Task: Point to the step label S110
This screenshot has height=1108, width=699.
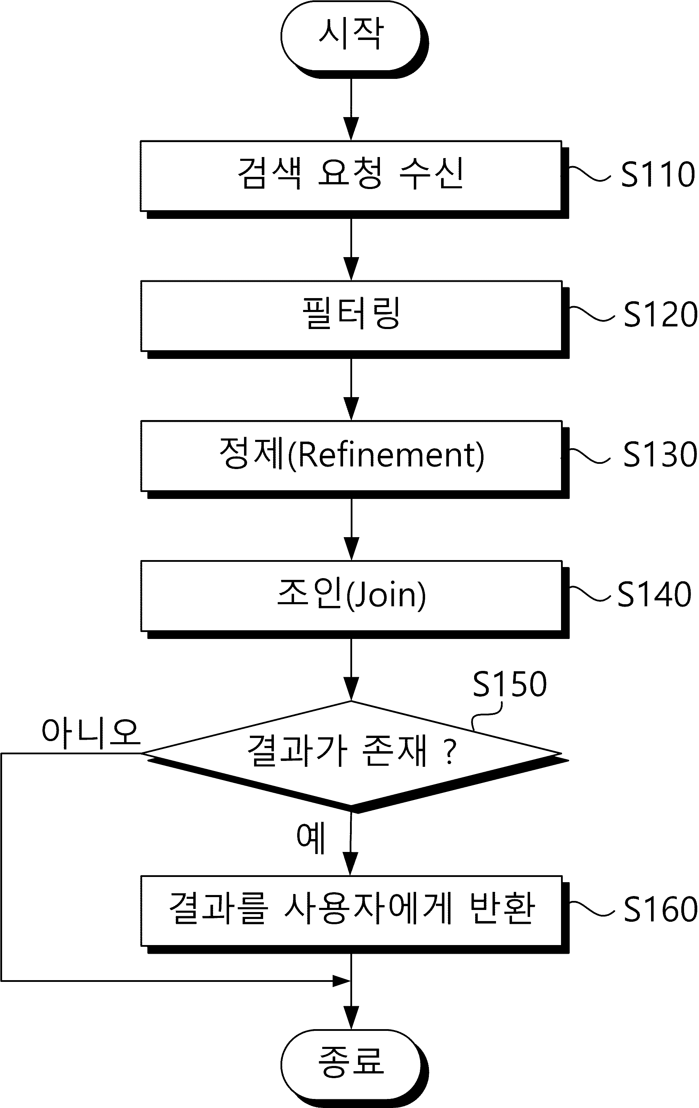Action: coord(658,174)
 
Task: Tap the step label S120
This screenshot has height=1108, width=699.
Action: coord(660,314)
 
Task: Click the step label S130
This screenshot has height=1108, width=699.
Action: coord(660,454)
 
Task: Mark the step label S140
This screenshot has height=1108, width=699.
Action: coord(654,594)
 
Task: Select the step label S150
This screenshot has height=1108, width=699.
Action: coord(510,684)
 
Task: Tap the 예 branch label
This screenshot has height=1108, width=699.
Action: coord(311,838)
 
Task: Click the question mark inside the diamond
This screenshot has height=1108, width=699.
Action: coord(451,752)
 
